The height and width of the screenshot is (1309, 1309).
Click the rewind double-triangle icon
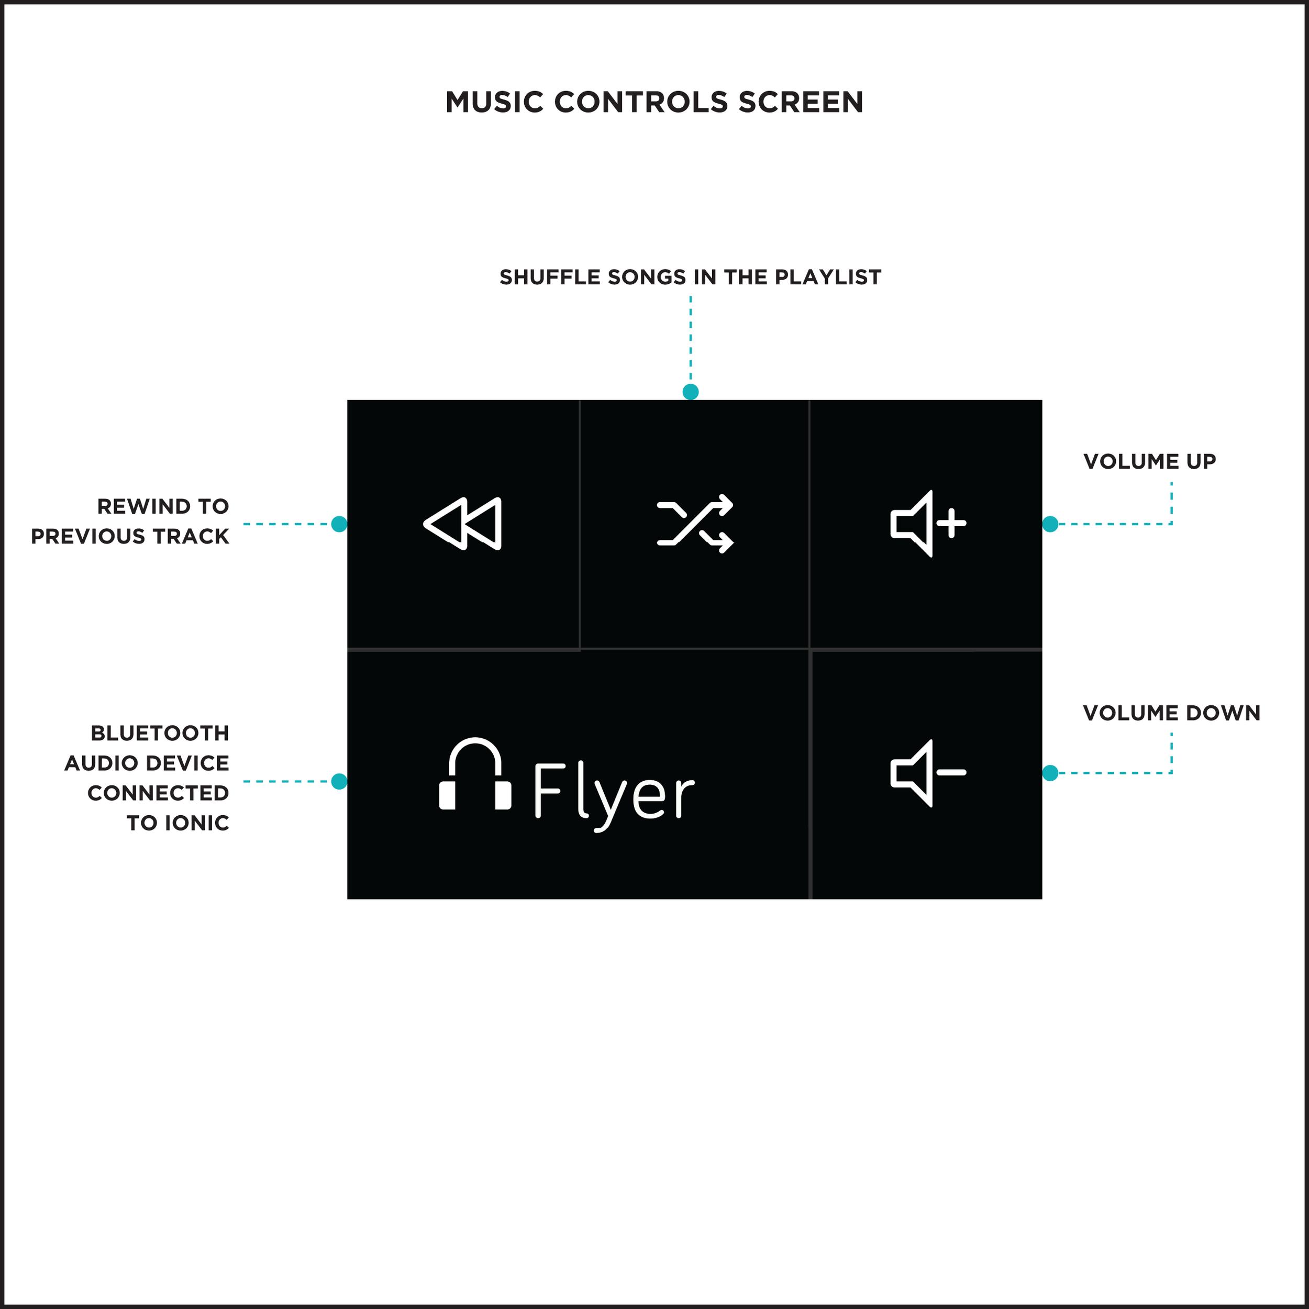463,524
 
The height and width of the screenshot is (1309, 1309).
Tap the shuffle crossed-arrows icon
694,524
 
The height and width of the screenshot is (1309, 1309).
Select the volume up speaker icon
927,524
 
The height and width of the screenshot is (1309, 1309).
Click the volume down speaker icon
927,773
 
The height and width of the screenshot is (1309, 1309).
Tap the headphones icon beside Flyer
475,774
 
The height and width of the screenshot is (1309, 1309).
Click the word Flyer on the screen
614,791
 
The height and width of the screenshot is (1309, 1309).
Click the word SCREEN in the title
801,102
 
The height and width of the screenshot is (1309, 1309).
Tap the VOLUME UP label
1149,461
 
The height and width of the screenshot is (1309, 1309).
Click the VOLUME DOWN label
1171,713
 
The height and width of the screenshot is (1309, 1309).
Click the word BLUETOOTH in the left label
160,733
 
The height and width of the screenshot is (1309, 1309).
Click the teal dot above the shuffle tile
691,392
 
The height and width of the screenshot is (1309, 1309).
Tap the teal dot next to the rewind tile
339,524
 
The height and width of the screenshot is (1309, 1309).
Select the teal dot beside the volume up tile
1050,524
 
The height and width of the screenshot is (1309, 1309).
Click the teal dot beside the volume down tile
1050,773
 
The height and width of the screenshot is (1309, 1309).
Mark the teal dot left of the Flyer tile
339,781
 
